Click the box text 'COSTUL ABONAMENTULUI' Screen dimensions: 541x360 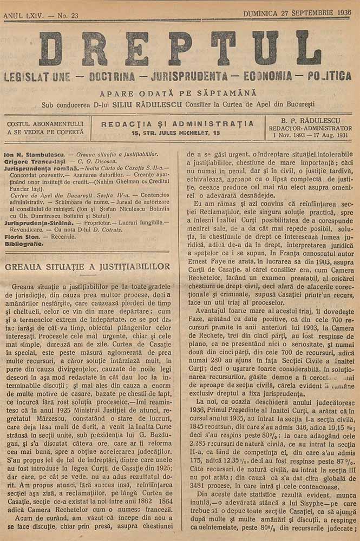pyautogui.click(x=45, y=123)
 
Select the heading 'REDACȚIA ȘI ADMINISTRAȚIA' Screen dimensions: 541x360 pyautogui.click(x=178, y=123)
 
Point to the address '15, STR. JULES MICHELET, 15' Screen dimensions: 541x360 pyautogui.click(x=178, y=132)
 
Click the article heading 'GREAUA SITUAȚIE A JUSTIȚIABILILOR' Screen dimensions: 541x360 pyautogui.click(x=87, y=267)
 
